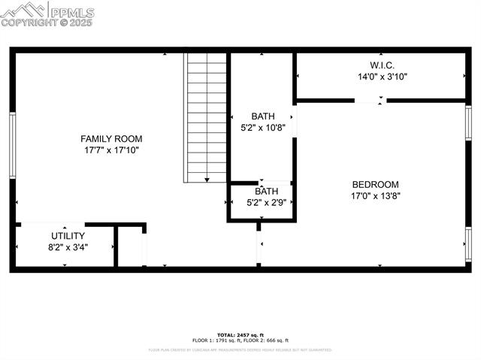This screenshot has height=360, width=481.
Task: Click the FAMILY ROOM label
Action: point(111,138)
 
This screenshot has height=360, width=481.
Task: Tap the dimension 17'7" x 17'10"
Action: point(111,150)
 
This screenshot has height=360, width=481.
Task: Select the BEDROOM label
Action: point(375,184)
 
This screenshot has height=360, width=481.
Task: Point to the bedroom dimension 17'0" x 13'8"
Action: point(375,196)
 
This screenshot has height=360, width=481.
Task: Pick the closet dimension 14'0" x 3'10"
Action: point(383,76)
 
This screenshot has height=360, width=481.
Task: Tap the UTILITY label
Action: point(68,235)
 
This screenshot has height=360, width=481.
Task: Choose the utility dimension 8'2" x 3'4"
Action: point(68,247)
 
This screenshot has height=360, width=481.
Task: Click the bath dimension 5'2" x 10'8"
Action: point(263,128)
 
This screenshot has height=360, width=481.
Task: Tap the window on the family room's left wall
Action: point(12,145)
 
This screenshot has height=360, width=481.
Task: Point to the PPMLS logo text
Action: point(71,11)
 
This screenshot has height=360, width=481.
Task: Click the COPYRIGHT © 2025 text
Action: point(47,23)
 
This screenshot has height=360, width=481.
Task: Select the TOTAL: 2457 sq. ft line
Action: point(240,334)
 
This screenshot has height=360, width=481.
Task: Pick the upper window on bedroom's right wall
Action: point(468,123)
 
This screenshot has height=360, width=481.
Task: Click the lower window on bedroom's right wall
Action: point(468,244)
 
